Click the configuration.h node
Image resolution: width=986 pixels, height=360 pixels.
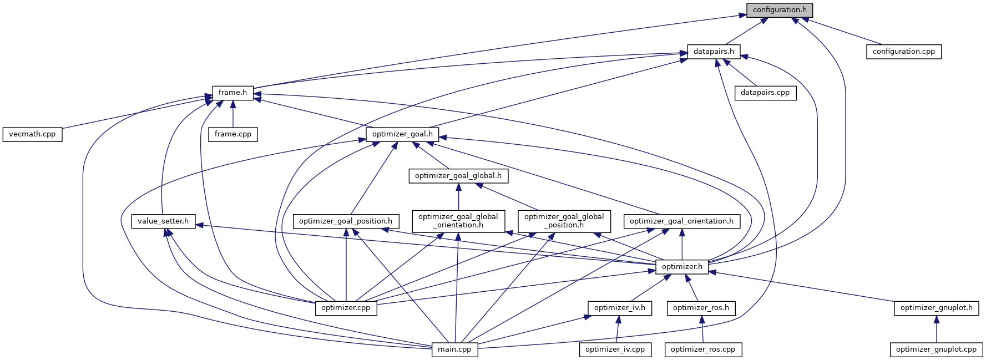tap(779, 10)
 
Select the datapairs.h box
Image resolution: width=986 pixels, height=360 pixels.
tap(713, 52)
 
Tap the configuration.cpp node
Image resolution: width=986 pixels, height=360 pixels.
tap(903, 52)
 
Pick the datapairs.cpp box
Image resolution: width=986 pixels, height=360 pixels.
tap(765, 93)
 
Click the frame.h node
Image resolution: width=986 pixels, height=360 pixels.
tap(232, 93)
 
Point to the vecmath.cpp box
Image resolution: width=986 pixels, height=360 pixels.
tap(32, 134)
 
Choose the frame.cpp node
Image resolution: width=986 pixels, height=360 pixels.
tap(232, 134)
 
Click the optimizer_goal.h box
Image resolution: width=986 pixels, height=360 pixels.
tap(402, 134)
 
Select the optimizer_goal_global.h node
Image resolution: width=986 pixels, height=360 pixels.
tap(458, 176)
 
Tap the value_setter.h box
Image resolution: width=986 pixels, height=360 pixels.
tap(163, 221)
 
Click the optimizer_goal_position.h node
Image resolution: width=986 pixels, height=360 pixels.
tap(345, 221)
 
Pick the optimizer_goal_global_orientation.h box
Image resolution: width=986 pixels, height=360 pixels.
tap(458, 221)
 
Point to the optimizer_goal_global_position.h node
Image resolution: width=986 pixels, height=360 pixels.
tap(564, 221)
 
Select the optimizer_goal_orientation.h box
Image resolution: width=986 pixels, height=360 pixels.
tap(681, 221)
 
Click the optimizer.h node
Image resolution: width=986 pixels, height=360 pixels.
tap(682, 267)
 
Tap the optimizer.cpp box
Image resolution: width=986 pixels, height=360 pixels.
tap(346, 308)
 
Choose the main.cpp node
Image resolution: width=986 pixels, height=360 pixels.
tap(454, 349)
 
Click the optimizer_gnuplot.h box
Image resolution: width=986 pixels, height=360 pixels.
tap(936, 308)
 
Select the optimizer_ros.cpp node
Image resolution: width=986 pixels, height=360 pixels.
tap(702, 349)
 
